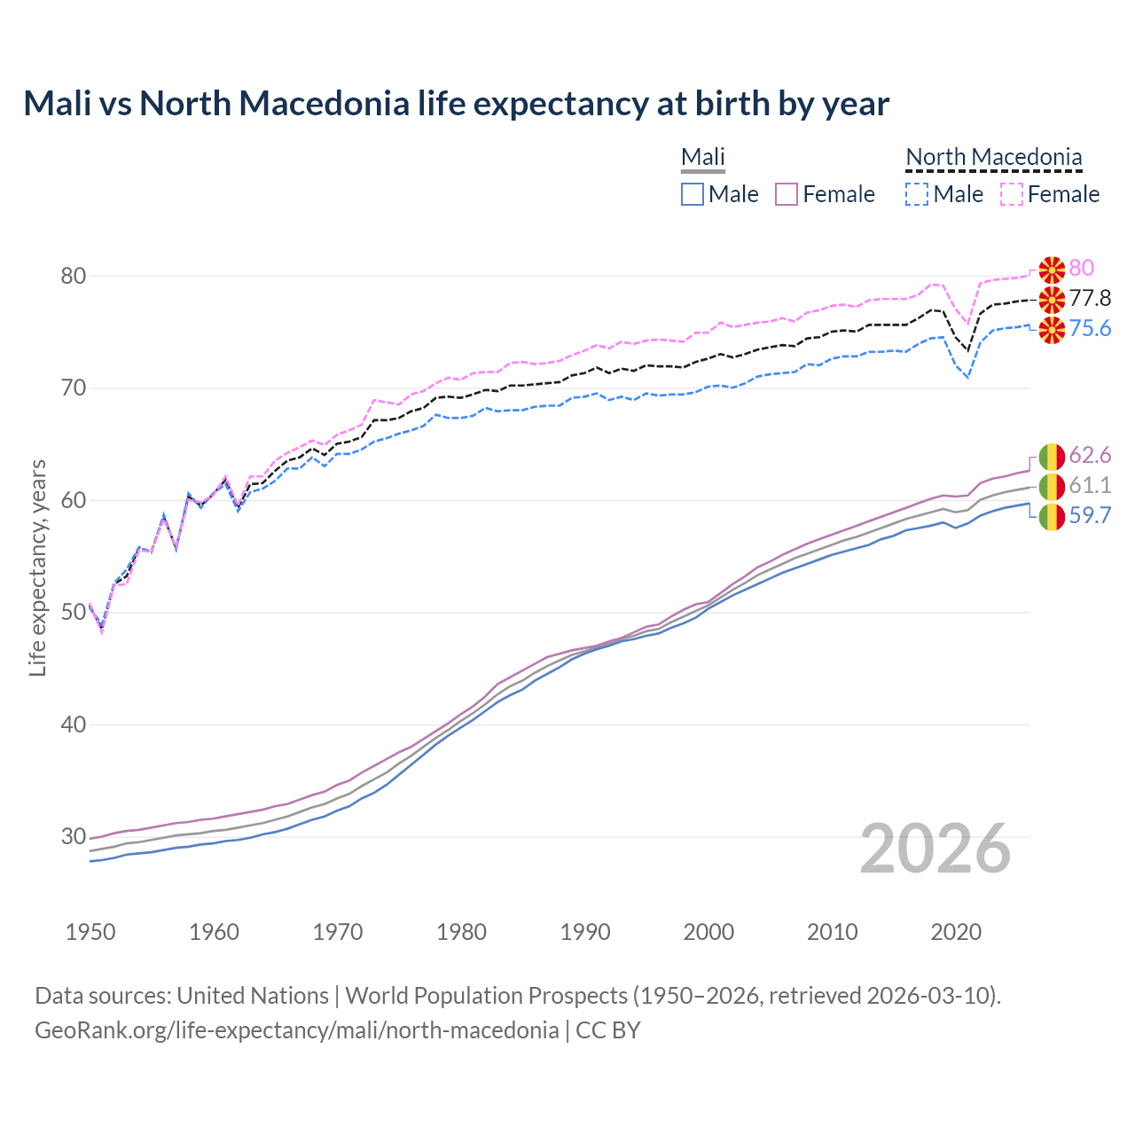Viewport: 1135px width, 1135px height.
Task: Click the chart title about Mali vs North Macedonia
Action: pyautogui.click(x=456, y=104)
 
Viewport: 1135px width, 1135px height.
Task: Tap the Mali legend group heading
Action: pyautogui.click(x=702, y=158)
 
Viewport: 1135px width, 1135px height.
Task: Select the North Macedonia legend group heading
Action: pyautogui.click(x=993, y=158)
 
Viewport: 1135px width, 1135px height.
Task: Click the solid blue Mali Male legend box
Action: pyautogui.click(x=693, y=194)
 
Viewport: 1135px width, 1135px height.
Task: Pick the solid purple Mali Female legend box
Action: pyautogui.click(x=787, y=194)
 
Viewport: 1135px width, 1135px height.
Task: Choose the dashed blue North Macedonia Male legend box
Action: pyautogui.click(x=917, y=194)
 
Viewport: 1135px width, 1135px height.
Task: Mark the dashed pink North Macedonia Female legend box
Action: pyautogui.click(x=1011, y=194)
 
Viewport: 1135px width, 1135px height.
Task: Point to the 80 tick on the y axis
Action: pyautogui.click(x=74, y=276)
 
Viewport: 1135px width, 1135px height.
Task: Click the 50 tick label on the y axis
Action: pyautogui.click(x=74, y=613)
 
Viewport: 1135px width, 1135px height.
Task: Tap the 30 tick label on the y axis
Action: pyautogui.click(x=74, y=836)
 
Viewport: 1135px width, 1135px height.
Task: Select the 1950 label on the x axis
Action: pyautogui.click(x=90, y=932)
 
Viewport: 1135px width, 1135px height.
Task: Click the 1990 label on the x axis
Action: pyautogui.click(x=585, y=932)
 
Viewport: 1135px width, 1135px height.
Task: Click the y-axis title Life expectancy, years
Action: pyautogui.click(x=37, y=567)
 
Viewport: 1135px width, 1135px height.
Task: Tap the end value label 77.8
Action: pyautogui.click(x=1090, y=298)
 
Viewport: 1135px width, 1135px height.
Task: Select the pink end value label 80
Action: pyautogui.click(x=1081, y=268)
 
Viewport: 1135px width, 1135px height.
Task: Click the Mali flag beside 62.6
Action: pyautogui.click(x=1052, y=456)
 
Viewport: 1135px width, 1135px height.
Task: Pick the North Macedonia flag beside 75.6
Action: pyautogui.click(x=1052, y=329)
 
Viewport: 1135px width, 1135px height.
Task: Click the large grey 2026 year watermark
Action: pyautogui.click(x=935, y=849)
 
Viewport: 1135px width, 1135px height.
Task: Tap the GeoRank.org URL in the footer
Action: pyautogui.click(x=296, y=1030)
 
